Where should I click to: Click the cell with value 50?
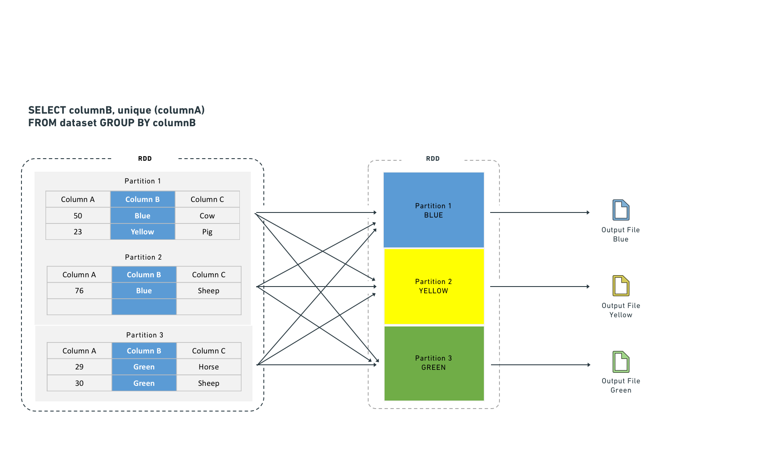click(78, 215)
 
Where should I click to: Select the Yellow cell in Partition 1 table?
click(143, 232)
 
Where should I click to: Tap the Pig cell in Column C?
click(207, 232)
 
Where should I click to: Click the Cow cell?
click(207, 215)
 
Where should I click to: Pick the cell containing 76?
click(79, 291)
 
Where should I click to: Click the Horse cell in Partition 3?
click(209, 367)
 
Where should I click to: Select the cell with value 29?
click(79, 367)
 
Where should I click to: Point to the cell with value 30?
click(79, 383)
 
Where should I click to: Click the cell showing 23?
click(78, 232)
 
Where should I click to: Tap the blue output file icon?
click(621, 210)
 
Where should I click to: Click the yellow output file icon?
click(621, 286)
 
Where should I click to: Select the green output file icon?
click(621, 362)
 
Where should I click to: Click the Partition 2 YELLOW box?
click(434, 286)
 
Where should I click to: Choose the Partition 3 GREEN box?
click(434, 363)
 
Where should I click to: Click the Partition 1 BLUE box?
click(434, 210)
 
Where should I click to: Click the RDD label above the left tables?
click(145, 159)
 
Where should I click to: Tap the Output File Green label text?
click(621, 385)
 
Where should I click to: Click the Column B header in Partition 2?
click(144, 275)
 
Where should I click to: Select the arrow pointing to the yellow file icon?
click(540, 287)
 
